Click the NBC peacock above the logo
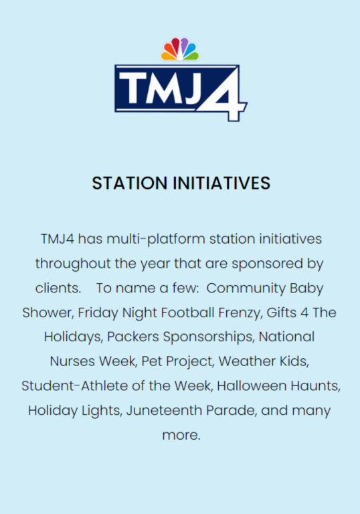pyautogui.click(x=180, y=49)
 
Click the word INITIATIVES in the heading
pyautogui.click(x=221, y=183)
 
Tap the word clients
pyautogui.click(x=58, y=288)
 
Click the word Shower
pyautogui.click(x=48, y=313)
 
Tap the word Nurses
pyautogui.click(x=72, y=361)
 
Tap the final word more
pyautogui.click(x=181, y=436)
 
